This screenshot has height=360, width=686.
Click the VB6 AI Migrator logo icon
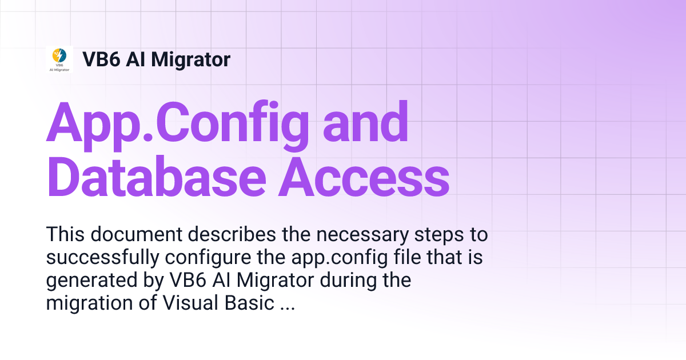pyautogui.click(x=59, y=59)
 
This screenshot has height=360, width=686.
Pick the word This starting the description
pyautogui.click(x=65, y=234)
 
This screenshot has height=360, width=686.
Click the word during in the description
pyautogui.click(x=349, y=281)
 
